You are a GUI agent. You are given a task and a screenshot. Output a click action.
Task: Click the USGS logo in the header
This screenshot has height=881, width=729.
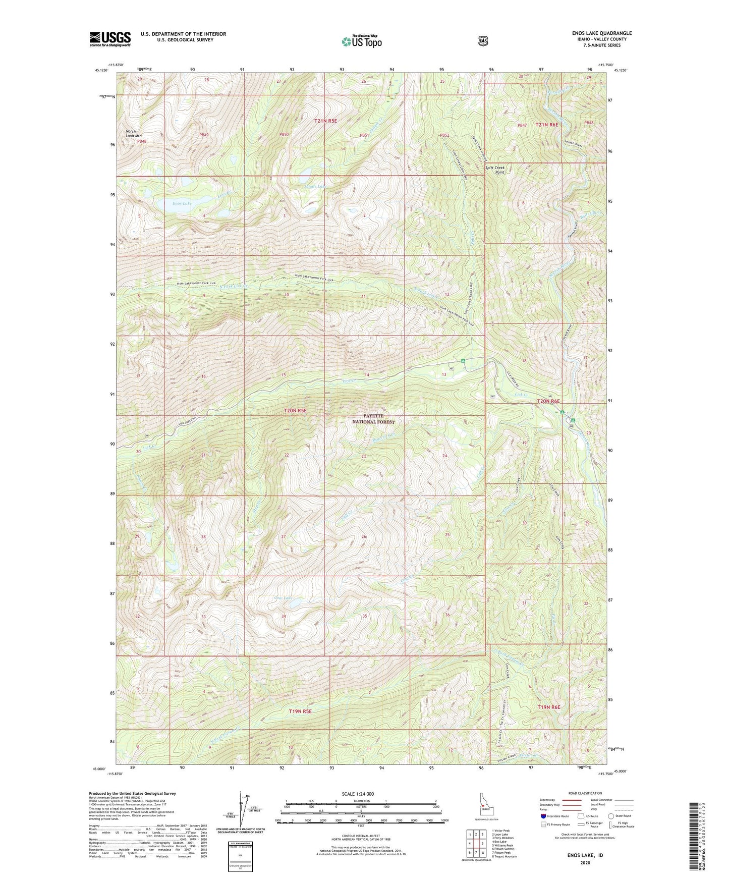click(110, 38)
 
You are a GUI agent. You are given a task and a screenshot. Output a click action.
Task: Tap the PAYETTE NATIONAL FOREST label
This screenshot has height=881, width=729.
click(373, 419)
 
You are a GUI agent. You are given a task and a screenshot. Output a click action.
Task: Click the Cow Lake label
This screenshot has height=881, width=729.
click(284, 598)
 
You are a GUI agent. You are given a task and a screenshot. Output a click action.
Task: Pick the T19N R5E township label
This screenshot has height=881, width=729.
click(300, 711)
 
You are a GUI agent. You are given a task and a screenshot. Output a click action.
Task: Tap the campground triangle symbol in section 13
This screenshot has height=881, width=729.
click(463, 360)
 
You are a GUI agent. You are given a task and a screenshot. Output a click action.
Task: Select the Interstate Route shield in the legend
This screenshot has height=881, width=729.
click(543, 816)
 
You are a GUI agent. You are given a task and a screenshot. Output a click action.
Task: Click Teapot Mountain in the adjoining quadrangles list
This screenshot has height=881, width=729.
click(504, 842)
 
